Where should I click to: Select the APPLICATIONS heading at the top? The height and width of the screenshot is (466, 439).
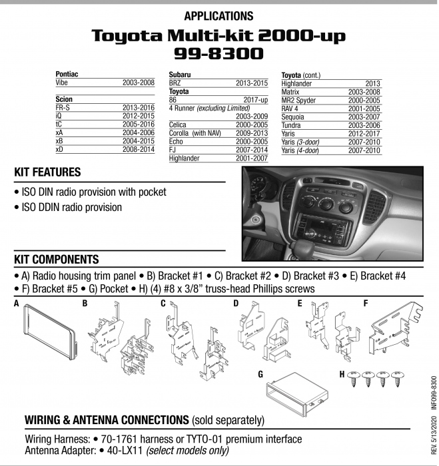219,15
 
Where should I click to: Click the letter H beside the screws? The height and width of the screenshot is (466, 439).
342,374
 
